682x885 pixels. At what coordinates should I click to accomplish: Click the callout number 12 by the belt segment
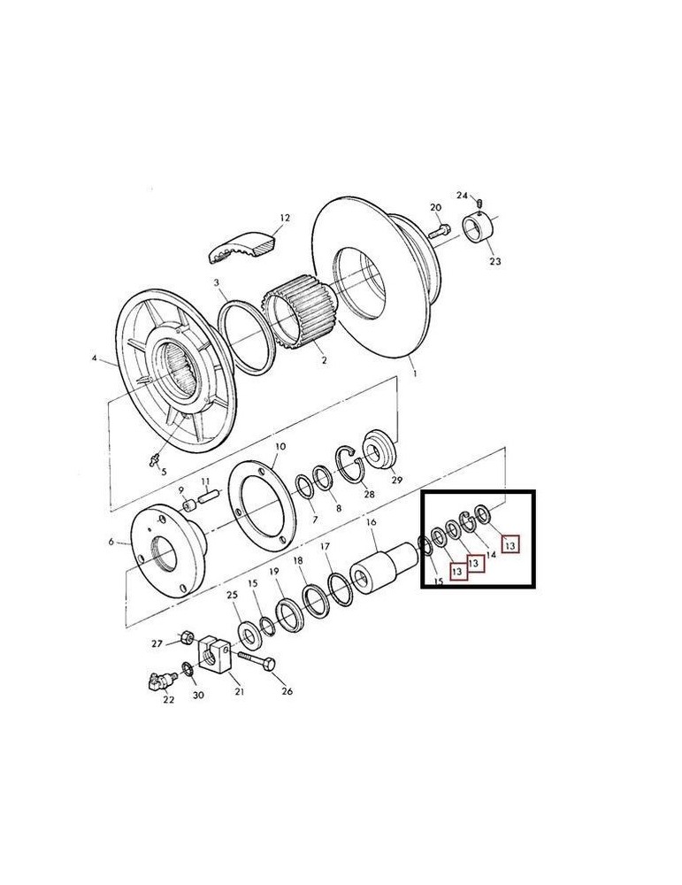point(284,218)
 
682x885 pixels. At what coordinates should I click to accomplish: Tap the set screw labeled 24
point(479,203)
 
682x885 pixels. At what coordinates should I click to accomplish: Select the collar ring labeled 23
point(478,228)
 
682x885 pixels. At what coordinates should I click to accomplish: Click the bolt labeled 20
point(440,231)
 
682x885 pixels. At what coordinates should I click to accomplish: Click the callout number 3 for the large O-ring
point(216,282)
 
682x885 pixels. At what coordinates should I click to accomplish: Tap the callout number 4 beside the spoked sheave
point(94,358)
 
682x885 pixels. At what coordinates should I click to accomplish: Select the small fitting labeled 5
point(153,460)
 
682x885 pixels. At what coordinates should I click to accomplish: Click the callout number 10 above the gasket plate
point(280,446)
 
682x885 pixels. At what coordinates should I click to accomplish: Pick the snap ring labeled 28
point(350,465)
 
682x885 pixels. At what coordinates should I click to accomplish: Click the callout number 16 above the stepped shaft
point(372,523)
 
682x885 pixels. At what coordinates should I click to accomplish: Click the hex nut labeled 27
point(188,638)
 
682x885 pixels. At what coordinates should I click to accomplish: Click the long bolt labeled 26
point(257,660)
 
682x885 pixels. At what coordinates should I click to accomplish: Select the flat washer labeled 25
point(248,634)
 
